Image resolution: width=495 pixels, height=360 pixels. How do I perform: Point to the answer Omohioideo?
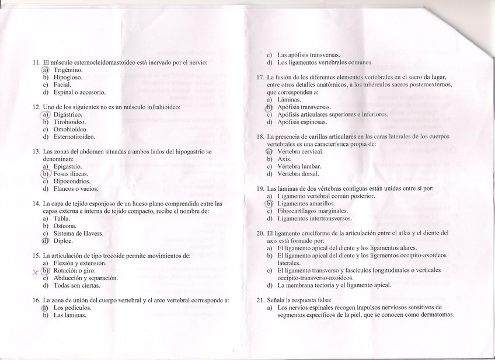click(x=70, y=130)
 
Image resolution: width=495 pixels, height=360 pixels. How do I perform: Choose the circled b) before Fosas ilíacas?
click(x=46, y=174)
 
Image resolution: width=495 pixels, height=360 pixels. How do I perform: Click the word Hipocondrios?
click(x=72, y=181)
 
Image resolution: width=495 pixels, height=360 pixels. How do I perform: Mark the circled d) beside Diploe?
click(x=45, y=241)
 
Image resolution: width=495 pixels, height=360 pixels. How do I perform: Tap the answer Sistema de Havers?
click(x=78, y=233)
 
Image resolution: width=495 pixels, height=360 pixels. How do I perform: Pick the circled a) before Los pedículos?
click(x=45, y=307)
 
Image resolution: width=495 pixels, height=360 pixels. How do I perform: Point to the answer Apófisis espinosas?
click(x=302, y=123)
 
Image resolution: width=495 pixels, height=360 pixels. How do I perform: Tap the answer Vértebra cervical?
click(x=300, y=151)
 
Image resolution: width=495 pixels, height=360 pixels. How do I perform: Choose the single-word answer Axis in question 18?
click(x=284, y=159)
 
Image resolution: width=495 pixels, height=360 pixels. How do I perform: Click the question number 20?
click(x=260, y=233)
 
